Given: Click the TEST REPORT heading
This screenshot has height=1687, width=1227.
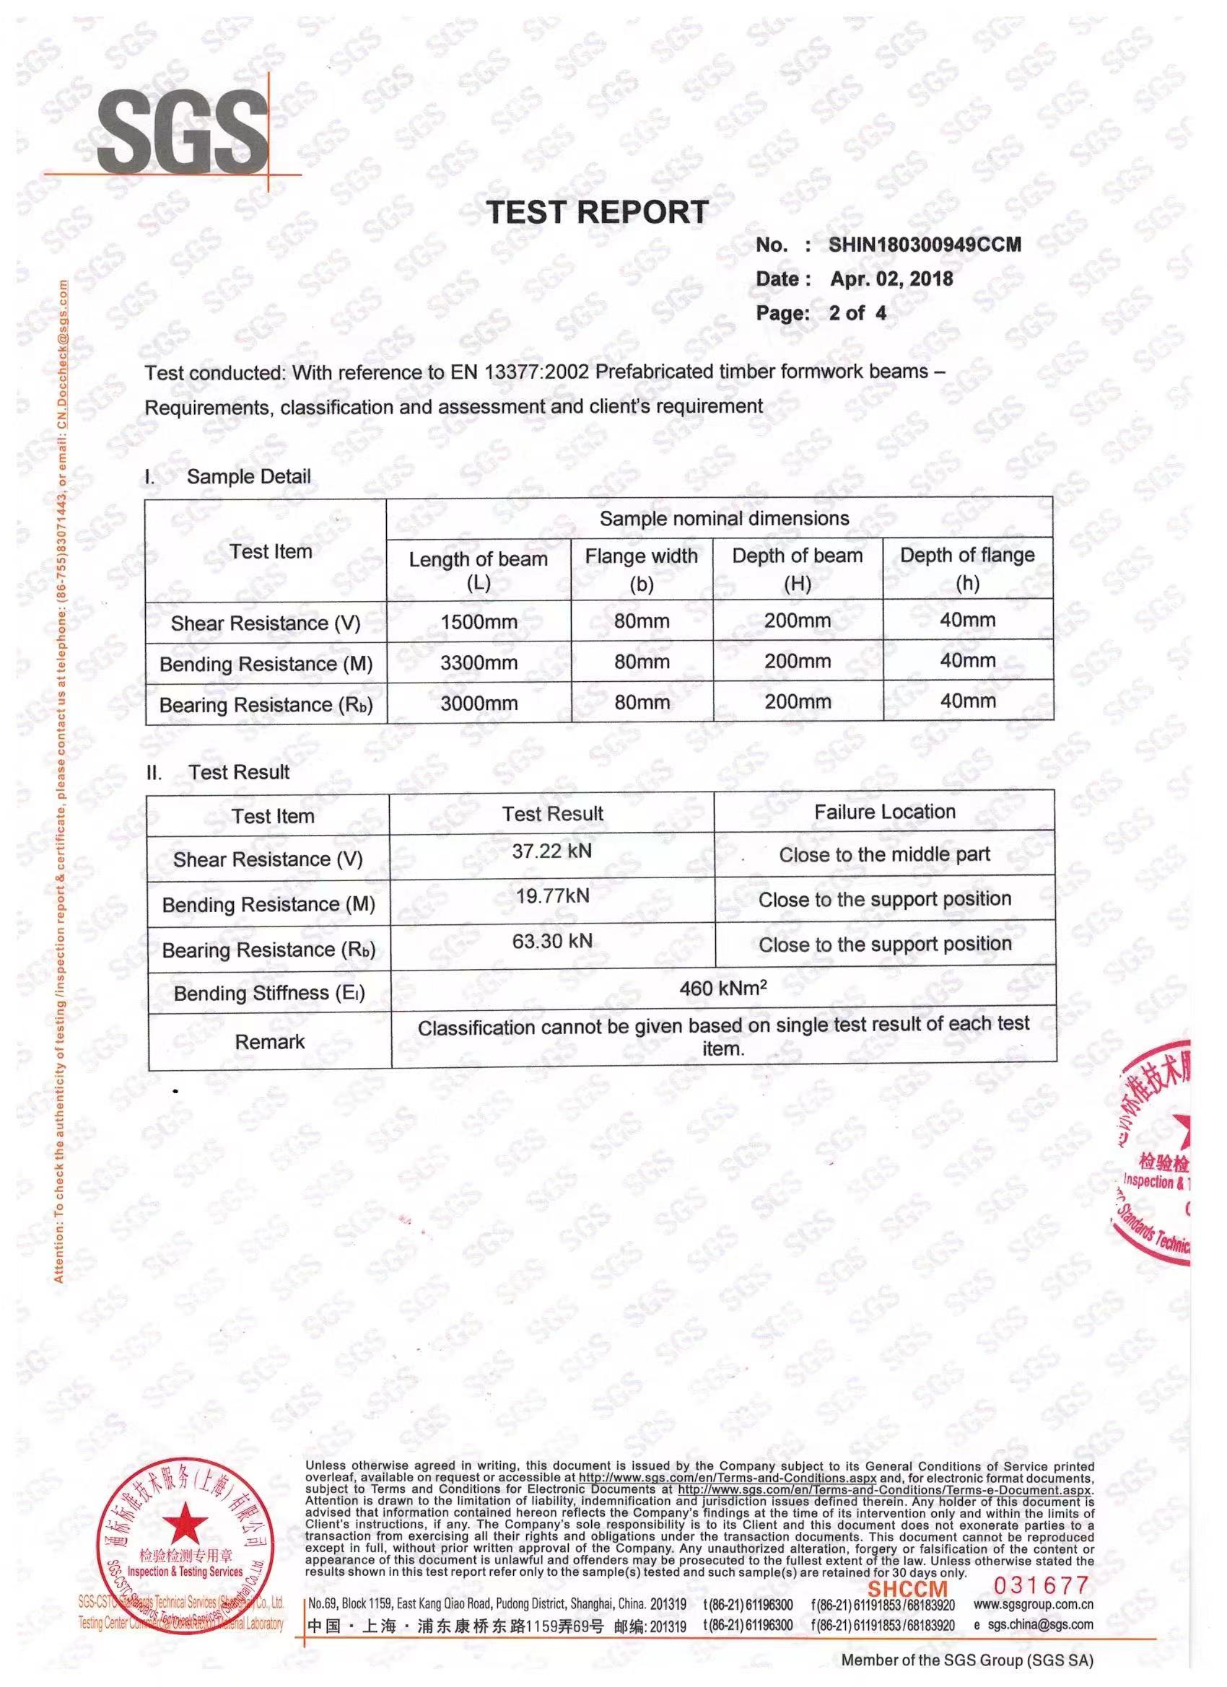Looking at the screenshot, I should [x=597, y=213].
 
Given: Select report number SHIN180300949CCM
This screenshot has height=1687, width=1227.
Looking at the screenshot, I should [x=925, y=245].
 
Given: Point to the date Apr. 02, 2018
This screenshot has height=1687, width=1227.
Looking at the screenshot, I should [x=891, y=280].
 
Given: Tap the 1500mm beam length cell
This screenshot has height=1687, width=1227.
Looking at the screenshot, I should [x=479, y=622].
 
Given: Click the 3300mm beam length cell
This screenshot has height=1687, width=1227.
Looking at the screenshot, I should [x=479, y=662].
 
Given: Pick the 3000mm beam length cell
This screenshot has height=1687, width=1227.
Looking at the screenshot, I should [x=479, y=703].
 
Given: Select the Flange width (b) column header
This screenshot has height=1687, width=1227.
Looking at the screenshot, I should [x=642, y=569].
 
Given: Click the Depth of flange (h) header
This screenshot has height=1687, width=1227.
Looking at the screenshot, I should [x=967, y=569].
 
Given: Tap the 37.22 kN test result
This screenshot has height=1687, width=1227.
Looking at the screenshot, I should [x=551, y=851].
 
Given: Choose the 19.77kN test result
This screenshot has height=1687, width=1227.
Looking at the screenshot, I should [x=552, y=895].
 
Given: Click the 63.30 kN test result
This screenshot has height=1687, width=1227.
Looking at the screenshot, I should [x=551, y=941].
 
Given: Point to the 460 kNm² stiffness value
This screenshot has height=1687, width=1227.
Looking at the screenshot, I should [x=722, y=988].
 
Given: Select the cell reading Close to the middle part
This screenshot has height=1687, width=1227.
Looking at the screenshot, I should [x=884, y=854].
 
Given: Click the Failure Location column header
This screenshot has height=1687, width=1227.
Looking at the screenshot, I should [x=884, y=812].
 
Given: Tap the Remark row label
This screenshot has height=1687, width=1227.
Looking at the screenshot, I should [x=269, y=1041].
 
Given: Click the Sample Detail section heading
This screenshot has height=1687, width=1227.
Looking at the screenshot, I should [x=248, y=477].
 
